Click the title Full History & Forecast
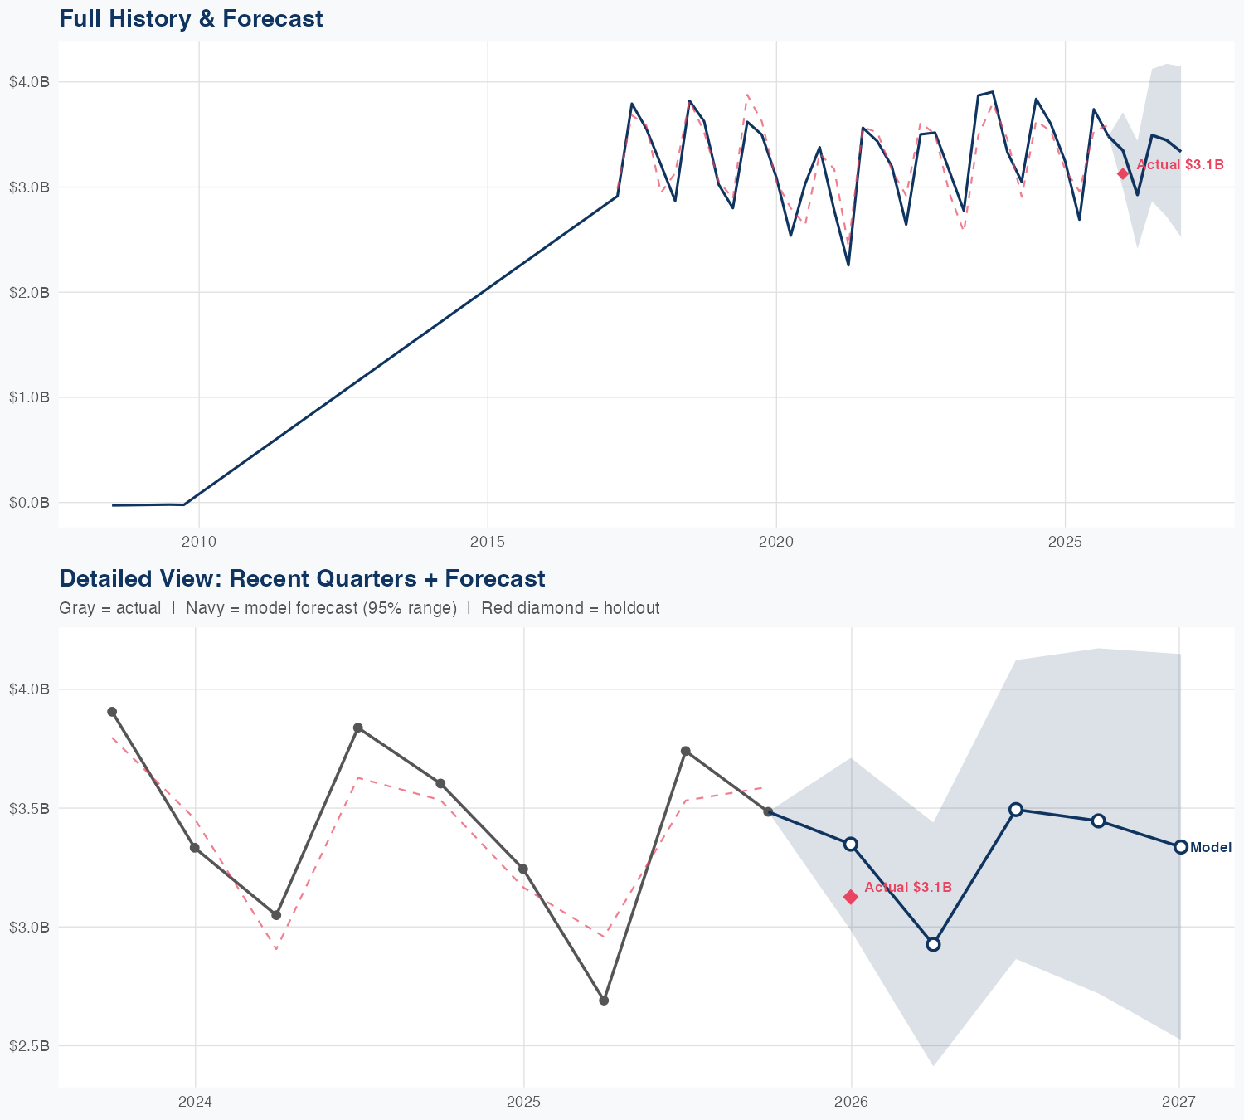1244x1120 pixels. coord(191,18)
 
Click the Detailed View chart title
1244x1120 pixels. coord(302,578)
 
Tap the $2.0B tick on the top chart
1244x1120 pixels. coord(29,292)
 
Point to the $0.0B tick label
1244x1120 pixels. coord(29,502)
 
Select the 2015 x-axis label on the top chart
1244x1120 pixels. coord(487,542)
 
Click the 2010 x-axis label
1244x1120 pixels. coord(198,542)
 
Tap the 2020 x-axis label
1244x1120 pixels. coord(776,542)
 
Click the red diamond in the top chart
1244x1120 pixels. coord(1123,173)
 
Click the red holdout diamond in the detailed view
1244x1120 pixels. coord(851,897)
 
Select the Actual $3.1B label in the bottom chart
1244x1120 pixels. coord(907,887)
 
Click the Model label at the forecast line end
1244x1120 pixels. coord(1210,847)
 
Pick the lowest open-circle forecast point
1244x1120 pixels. coord(933,944)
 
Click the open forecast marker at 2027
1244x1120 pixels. coord(1181,846)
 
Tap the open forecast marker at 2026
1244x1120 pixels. coord(850,844)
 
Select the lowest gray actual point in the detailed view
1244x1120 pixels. coord(604,1001)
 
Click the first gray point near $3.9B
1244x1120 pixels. coord(112,712)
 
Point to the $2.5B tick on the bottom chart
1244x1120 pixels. coord(29,1045)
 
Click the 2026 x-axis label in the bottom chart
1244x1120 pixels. coord(851,1102)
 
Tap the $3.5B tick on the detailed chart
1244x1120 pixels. coord(29,807)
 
